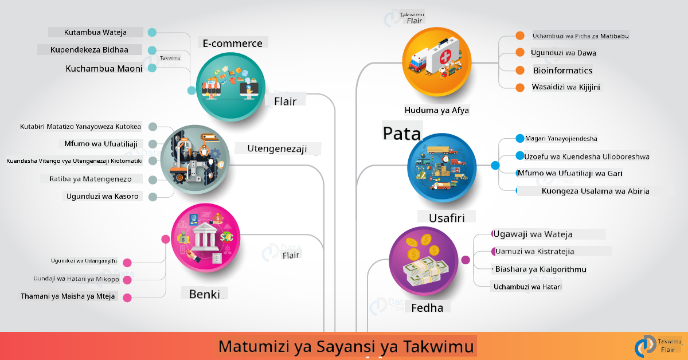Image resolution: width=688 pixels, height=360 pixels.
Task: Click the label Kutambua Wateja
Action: tap(95, 32)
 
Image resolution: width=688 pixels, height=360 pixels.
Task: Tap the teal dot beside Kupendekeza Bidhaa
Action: tap(152, 50)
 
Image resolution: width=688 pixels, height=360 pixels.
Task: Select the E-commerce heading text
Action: tap(233, 44)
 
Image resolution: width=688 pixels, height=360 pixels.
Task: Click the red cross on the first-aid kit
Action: tap(445, 57)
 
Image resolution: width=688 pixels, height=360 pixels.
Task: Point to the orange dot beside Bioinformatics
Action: tap(520, 71)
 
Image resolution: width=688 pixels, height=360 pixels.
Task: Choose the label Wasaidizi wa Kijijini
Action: tap(566, 87)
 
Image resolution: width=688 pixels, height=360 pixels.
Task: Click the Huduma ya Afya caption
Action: tap(436, 110)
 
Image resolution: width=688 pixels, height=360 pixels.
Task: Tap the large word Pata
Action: tap(402, 134)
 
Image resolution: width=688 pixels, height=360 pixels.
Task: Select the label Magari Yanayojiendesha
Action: tap(561, 139)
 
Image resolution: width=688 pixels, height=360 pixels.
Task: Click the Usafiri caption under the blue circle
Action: tap(447, 218)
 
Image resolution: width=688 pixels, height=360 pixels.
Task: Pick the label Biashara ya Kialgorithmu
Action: tap(541, 269)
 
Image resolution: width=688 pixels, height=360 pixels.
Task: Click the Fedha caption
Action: tap(427, 307)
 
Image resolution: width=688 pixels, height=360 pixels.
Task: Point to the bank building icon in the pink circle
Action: tap(205, 237)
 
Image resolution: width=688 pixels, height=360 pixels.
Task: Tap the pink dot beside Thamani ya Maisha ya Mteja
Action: tap(127, 298)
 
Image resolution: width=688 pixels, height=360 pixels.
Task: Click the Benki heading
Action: tap(205, 294)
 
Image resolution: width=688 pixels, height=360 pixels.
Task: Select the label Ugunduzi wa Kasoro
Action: tap(102, 196)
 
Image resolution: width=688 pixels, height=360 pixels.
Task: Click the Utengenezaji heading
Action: tap(277, 148)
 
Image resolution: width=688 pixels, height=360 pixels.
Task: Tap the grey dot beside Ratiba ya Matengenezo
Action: tap(153, 179)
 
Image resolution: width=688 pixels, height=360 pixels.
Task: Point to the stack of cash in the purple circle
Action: tap(425, 271)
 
